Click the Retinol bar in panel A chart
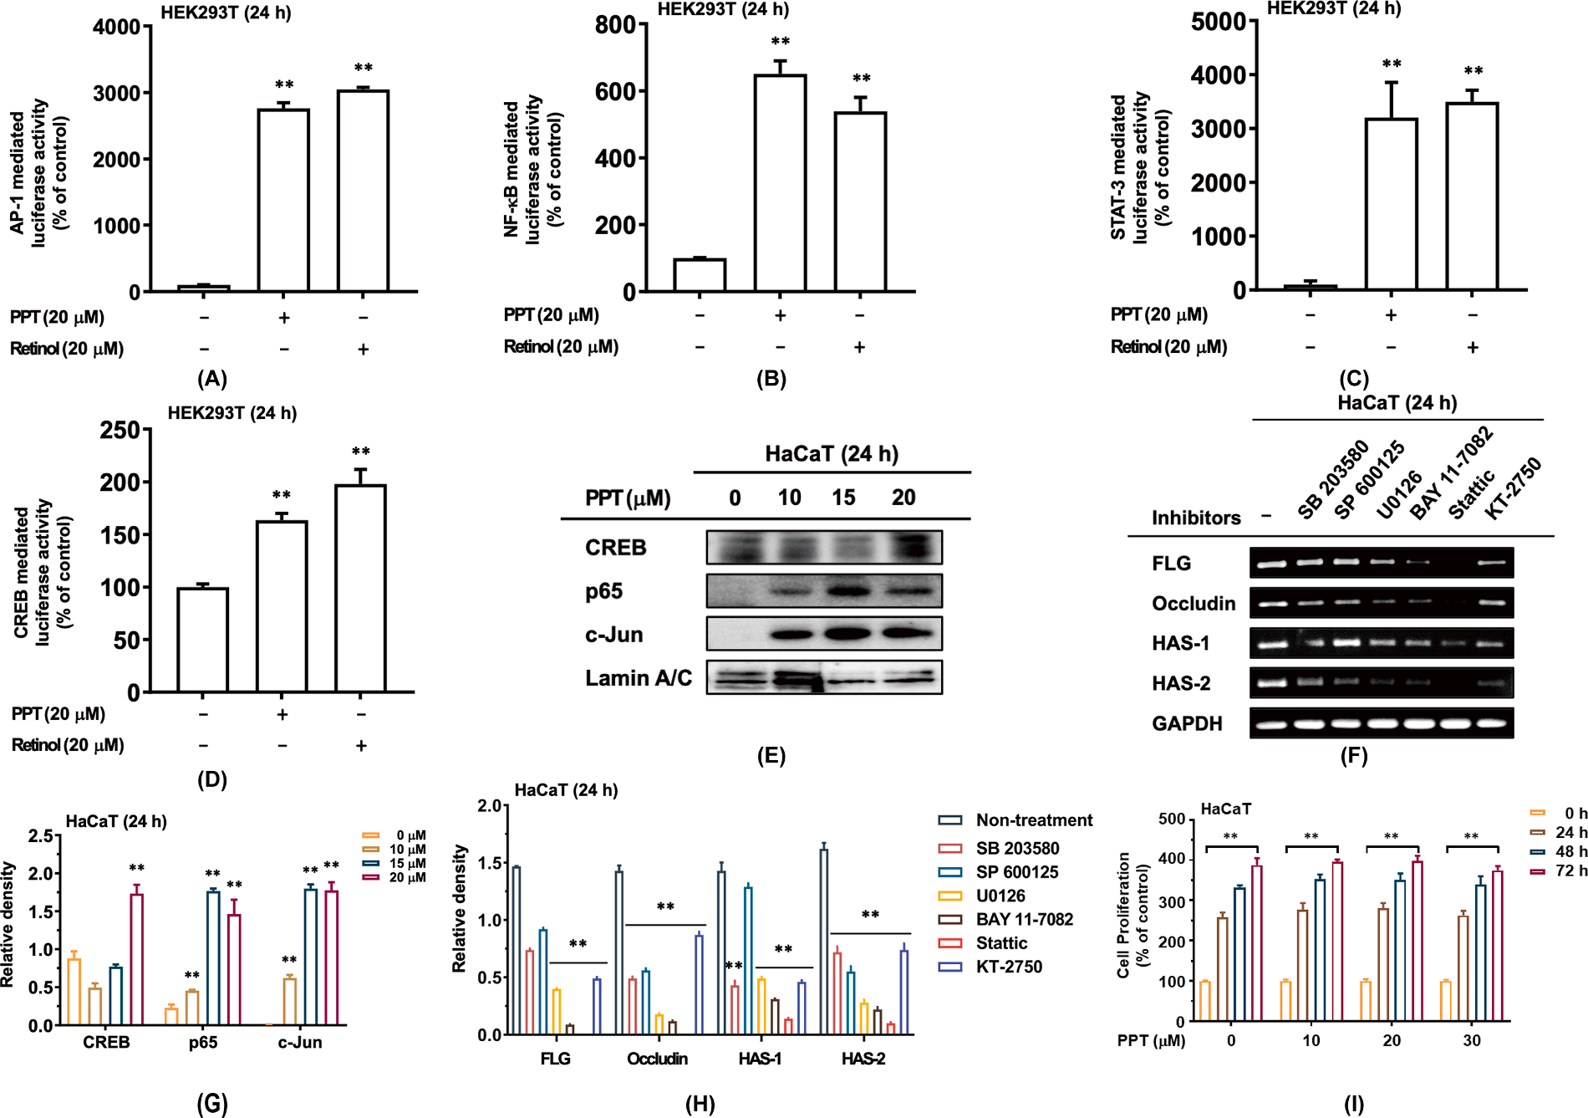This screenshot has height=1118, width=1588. click(363, 191)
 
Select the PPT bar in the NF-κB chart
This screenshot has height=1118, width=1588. click(780, 183)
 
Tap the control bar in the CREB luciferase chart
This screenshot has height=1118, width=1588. click(202, 640)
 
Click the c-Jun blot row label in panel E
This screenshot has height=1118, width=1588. click(614, 635)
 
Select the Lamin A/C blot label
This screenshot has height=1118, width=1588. click(639, 678)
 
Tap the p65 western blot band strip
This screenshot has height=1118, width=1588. click(824, 590)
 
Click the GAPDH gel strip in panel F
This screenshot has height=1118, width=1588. click(1382, 723)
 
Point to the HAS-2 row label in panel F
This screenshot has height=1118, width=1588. click(1181, 683)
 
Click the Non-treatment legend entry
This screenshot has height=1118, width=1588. click(1015, 820)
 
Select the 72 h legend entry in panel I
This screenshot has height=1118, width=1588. click(1560, 870)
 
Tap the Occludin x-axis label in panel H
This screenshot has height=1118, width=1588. click(658, 1059)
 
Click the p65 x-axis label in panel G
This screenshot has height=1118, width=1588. click(203, 1042)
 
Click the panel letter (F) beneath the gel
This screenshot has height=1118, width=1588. click(1354, 756)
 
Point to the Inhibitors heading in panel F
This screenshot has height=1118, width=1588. click(1196, 518)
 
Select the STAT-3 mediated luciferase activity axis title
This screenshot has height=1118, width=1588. click(1140, 167)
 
